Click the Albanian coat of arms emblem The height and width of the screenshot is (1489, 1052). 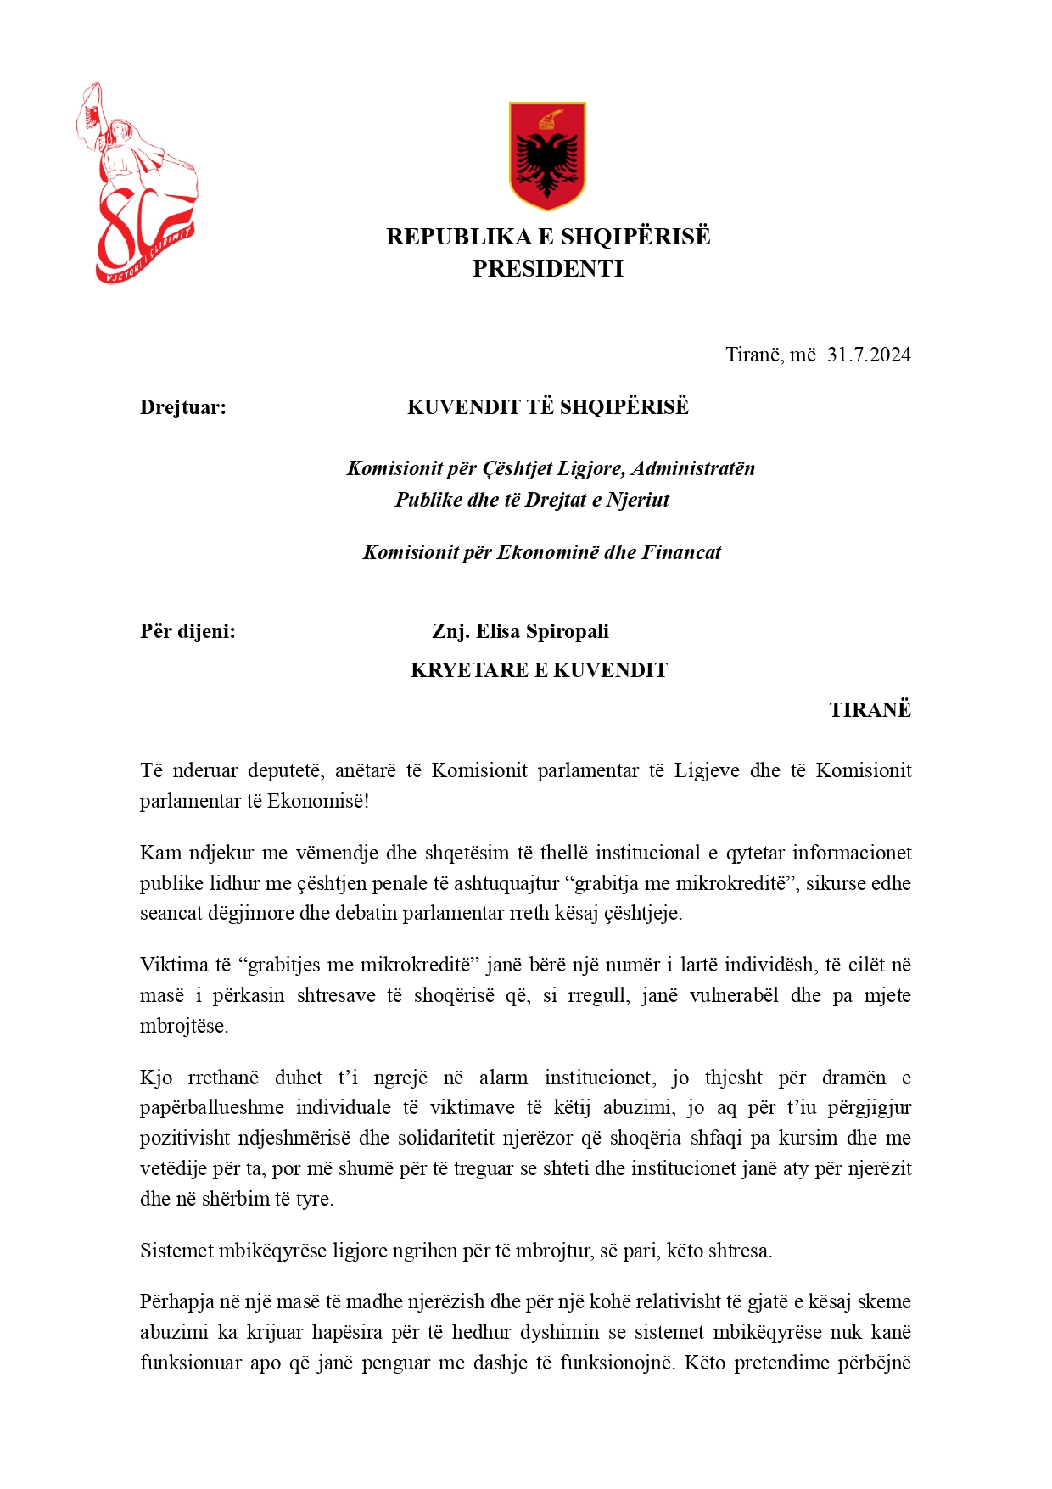click(547, 155)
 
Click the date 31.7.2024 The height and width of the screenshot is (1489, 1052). click(869, 355)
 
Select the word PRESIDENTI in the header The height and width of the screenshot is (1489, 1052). click(548, 269)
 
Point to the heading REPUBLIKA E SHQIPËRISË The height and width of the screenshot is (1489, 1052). click(548, 236)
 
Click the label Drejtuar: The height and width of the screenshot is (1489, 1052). click(183, 407)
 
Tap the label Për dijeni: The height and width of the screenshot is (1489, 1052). click(187, 631)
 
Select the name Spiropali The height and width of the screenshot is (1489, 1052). click(568, 631)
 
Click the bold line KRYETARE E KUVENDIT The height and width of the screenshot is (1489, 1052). click(539, 670)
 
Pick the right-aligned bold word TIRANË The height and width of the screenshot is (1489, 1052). click(870, 710)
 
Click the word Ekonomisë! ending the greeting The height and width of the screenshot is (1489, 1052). click(318, 801)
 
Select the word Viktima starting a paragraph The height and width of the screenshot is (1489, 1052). click(174, 965)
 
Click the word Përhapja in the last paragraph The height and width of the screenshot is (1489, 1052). click(177, 1301)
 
